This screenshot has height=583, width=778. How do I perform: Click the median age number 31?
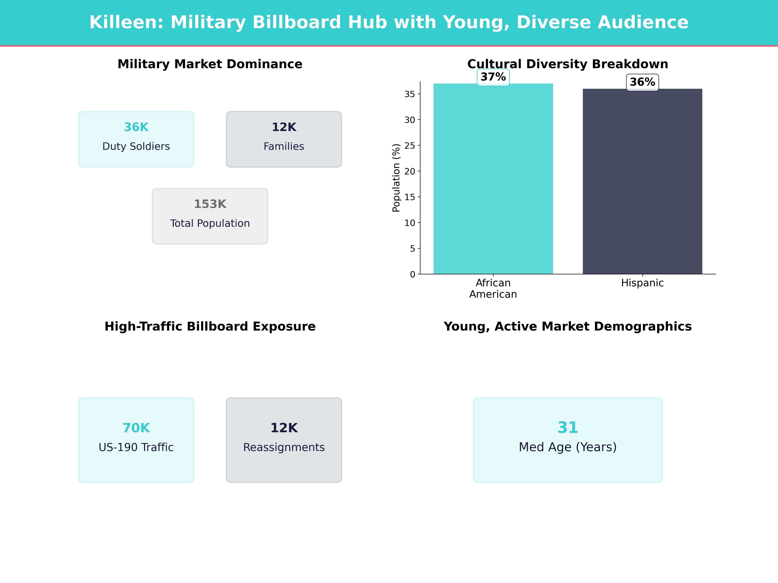(x=568, y=427)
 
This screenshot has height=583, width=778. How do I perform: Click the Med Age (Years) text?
(x=568, y=447)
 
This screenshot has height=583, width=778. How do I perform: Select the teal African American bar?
(x=493, y=179)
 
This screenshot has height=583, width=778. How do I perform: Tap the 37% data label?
(x=493, y=77)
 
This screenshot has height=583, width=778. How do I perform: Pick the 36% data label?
(x=642, y=82)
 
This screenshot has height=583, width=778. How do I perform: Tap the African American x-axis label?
(x=493, y=289)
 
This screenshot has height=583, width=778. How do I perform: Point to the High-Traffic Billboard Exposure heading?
(x=210, y=326)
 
